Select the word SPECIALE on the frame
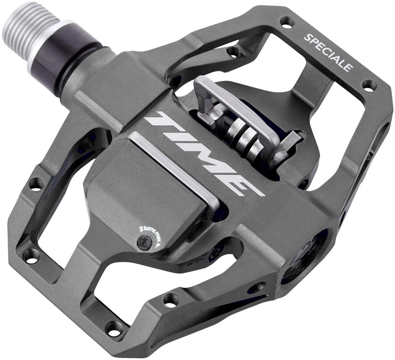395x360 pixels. click(x=328, y=52)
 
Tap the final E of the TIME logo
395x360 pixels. click(x=241, y=185)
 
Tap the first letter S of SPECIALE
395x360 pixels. click(x=307, y=38)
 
